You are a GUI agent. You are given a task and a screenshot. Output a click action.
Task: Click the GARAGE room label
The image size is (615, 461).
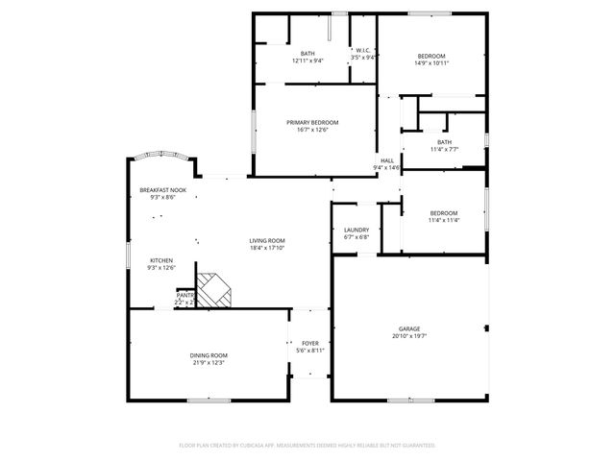[409, 328]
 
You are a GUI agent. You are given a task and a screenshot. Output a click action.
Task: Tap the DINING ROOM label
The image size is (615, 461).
[209, 355]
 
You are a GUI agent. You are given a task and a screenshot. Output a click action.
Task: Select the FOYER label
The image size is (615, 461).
[310, 343]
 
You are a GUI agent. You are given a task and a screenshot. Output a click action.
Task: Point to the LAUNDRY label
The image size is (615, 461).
[357, 230]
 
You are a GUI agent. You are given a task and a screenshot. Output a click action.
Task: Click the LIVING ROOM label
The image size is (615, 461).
[267, 240]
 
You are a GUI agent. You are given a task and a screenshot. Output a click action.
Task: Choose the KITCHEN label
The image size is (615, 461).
[160, 261]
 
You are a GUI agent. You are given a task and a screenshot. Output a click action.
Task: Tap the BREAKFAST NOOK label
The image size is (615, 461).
[162, 189]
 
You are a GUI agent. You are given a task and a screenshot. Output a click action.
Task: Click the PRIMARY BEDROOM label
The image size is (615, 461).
[313, 123]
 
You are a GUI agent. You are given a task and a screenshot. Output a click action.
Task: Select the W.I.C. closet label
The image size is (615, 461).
[364, 50]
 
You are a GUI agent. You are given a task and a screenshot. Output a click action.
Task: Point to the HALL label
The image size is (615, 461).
[386, 160]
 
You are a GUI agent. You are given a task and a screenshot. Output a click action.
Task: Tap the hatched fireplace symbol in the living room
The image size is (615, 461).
[215, 288]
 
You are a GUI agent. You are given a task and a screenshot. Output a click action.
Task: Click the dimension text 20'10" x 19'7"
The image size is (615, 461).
[409, 336]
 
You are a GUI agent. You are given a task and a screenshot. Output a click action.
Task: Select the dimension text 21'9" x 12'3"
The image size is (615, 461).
[209, 363]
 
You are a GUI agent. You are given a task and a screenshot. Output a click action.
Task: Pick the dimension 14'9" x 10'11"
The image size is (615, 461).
[432, 62]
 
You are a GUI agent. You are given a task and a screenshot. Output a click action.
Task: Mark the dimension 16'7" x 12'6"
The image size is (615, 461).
[313, 131]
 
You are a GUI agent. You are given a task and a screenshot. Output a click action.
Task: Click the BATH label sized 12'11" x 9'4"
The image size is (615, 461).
[307, 53]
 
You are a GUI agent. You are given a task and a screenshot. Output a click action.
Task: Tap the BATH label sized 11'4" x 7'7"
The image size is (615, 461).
[444, 142]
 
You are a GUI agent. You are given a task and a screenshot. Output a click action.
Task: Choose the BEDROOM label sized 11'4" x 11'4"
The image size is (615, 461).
[444, 212]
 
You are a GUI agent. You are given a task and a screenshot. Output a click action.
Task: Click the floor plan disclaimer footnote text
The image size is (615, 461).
[307, 446]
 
